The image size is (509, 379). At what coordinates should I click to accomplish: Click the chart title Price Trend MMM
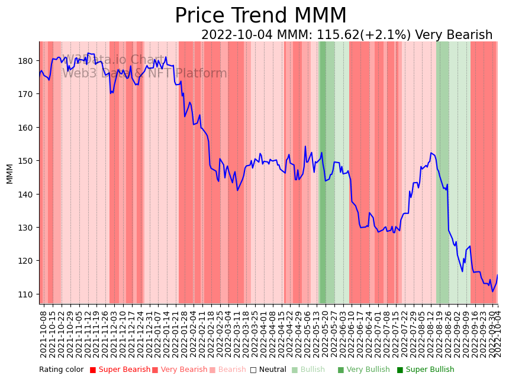(x=260, y=16)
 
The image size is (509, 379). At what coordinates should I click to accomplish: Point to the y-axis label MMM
(x=9, y=173)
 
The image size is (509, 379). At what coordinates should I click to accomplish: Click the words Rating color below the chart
(x=62, y=370)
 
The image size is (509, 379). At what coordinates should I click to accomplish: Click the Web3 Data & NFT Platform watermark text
(x=144, y=74)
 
